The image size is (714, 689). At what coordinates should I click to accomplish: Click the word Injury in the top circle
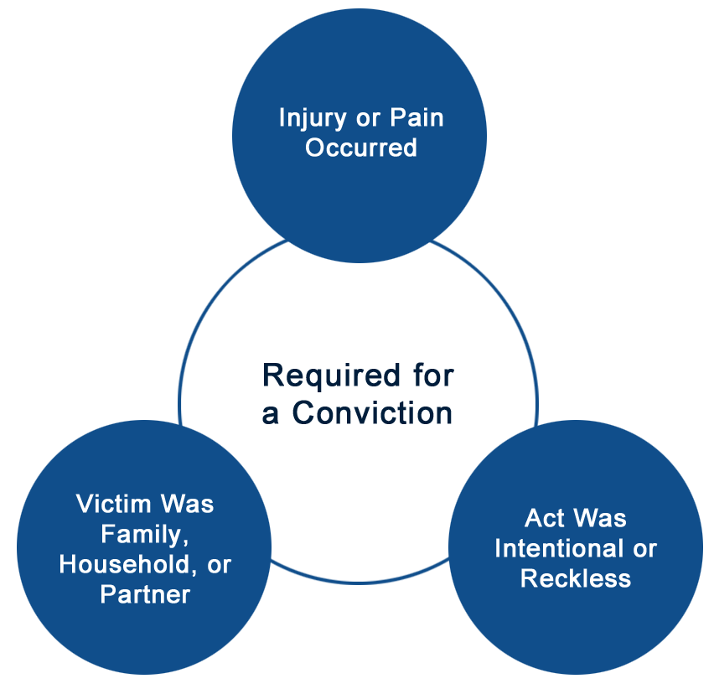coord(313,118)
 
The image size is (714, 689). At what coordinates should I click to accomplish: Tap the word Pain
coord(416,117)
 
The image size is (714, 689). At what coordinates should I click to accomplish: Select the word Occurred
coord(361,148)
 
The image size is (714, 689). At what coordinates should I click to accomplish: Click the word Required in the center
coord(331,377)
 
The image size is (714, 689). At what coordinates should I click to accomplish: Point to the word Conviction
coord(372,413)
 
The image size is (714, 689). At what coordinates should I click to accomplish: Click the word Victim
coord(114,504)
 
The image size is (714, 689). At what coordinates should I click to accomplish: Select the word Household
coord(124,564)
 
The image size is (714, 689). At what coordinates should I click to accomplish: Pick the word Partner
coord(145,594)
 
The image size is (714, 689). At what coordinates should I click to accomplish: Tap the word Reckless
coord(576,578)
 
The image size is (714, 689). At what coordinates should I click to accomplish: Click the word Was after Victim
coord(187,504)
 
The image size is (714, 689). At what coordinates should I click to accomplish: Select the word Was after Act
coord(600,518)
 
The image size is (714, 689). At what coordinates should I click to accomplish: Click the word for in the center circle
coord(433,376)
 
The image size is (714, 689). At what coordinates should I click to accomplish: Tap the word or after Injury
coord(368,119)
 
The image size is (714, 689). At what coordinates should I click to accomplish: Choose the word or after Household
coord(220,566)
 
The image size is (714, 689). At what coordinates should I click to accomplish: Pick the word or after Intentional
coord(644,550)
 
